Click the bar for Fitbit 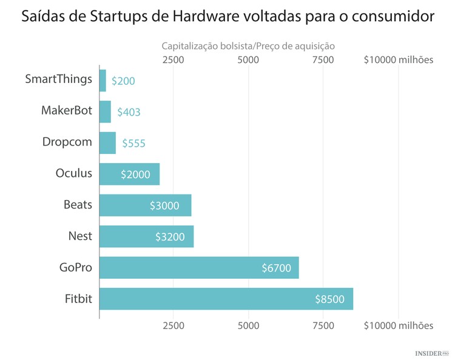pyautogui.click(x=226, y=299)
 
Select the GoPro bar pyautogui.click(x=199, y=268)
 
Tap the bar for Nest pyautogui.click(x=146, y=236)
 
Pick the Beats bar pyautogui.click(x=145, y=205)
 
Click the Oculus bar pyautogui.click(x=129, y=174)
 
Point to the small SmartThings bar pyautogui.click(x=103, y=81)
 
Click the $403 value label pyautogui.click(x=129, y=112)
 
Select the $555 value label pyautogui.click(x=133, y=144)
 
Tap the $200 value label pyautogui.click(x=123, y=81)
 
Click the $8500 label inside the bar pyautogui.click(x=330, y=299)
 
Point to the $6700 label pyautogui.click(x=276, y=268)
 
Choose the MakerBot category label pyautogui.click(x=67, y=111)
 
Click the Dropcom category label pyautogui.click(x=67, y=142)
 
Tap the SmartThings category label pyautogui.click(x=59, y=79)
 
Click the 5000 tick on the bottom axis pyautogui.click(x=248, y=326)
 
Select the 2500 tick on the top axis pyautogui.click(x=174, y=60)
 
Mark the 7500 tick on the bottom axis pyautogui.click(x=323, y=326)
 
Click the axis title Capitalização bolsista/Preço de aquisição pyautogui.click(x=248, y=46)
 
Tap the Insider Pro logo pyautogui.click(x=431, y=352)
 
